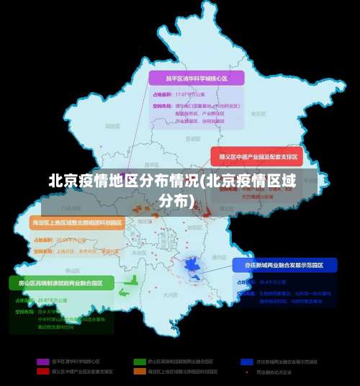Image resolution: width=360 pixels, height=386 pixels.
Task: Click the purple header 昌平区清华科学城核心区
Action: tap(197, 78)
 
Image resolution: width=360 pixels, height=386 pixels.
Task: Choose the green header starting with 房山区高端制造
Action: tap(60, 282)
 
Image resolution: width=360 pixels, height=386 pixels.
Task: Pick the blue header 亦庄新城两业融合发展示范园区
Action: tap(284, 265)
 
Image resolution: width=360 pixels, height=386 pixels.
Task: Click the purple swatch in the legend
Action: tap(42, 360)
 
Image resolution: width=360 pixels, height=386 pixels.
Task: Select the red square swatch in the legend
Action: tap(42, 372)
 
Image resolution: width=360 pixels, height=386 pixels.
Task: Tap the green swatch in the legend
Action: tap(139, 360)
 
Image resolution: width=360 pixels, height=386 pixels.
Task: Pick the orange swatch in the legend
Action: tap(139, 372)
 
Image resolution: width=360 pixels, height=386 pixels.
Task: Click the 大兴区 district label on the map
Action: tap(170, 295)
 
